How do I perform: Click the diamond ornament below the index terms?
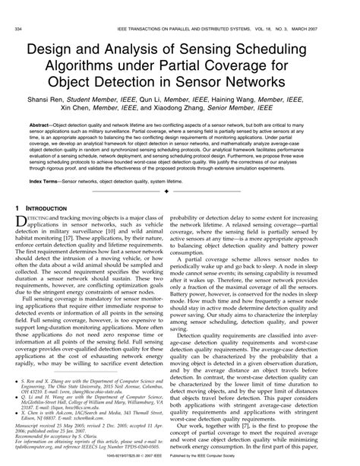click(180, 192)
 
